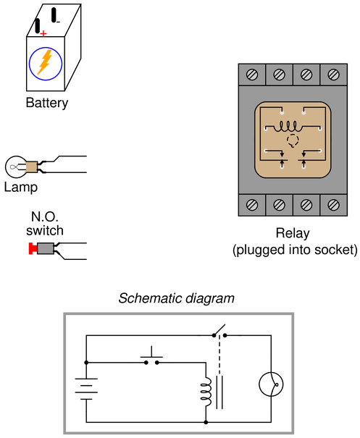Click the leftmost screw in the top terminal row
(252, 74)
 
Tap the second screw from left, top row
(279, 74)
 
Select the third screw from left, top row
(306, 74)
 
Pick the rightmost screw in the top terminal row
(333, 74)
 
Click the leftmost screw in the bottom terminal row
(252, 205)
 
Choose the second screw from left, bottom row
(279, 205)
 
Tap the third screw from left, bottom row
(306, 205)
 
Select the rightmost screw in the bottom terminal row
(333, 205)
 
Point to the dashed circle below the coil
(293, 140)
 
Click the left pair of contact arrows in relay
(282, 158)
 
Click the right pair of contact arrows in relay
(304, 158)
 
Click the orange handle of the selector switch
(45, 62)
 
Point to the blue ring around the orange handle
(33, 71)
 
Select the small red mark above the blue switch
(44, 33)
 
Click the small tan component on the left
(30, 167)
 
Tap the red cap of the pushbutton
(32, 248)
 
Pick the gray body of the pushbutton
(46, 248)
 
